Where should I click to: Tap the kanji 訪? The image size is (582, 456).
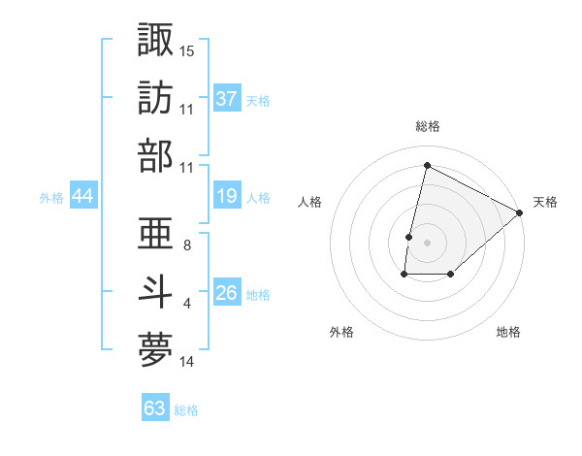coord(156,98)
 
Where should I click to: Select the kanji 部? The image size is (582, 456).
coord(156,155)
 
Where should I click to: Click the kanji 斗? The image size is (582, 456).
coord(156,292)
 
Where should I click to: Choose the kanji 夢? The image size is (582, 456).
coord(156,349)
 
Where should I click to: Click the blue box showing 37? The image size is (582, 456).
coord(227,99)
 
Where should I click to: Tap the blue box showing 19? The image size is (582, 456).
coord(227,197)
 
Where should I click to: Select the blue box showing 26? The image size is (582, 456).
coord(227,293)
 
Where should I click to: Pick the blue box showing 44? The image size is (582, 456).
coord(83,197)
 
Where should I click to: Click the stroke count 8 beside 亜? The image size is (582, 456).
coord(186,245)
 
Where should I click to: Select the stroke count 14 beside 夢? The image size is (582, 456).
coord(187,362)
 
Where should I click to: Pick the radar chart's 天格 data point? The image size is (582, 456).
coord(520,213)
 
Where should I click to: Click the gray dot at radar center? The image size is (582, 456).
coord(427,243)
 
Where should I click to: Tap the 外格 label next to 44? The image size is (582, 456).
coord(51,198)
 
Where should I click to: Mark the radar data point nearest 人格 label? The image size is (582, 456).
coord(409,237)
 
